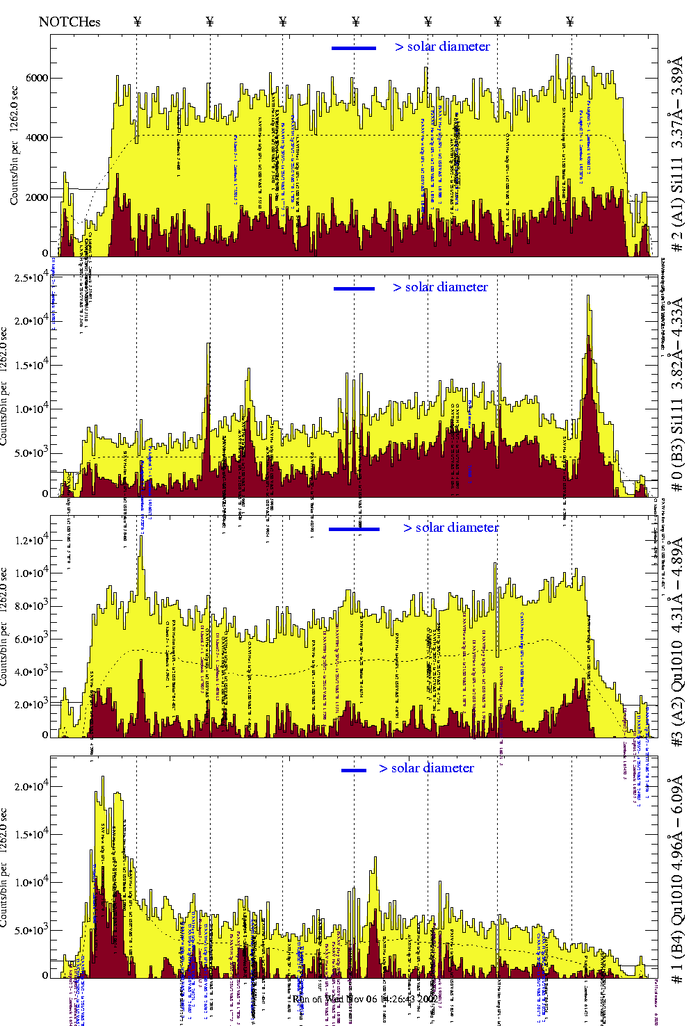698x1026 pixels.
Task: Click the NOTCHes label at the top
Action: [70, 22]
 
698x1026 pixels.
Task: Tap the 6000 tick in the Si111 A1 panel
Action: [37, 78]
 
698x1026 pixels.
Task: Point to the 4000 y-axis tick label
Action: [37, 138]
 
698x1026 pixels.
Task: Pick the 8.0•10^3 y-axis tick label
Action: [31, 606]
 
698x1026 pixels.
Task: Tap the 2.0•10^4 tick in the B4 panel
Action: [31, 786]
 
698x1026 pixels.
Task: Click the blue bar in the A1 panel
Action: [354, 48]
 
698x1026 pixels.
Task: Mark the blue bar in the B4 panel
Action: [354, 769]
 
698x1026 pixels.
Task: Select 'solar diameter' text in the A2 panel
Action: [457, 528]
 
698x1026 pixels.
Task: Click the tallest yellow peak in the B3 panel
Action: [589, 298]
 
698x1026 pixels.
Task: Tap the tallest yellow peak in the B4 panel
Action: [103, 779]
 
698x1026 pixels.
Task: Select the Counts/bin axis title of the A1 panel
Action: [14, 146]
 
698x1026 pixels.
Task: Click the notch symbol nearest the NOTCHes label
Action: [138, 22]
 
